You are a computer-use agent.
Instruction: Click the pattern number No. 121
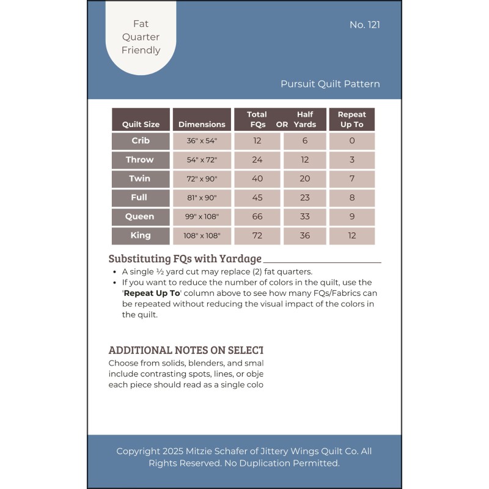365,25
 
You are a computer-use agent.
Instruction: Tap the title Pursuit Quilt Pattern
330,84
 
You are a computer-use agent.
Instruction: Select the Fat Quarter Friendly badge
141,37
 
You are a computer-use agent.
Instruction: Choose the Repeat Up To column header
351,119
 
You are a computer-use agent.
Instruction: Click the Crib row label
140,141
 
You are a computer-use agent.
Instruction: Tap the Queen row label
140,217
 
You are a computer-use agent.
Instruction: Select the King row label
140,236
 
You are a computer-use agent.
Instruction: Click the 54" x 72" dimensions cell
202,160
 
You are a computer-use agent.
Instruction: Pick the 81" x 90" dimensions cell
202,198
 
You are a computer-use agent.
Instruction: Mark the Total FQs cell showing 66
257,217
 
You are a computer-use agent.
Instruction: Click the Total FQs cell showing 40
257,179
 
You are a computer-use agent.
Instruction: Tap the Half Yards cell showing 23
305,198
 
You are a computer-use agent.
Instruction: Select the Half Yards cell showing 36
305,236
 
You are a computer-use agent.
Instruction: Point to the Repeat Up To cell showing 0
351,141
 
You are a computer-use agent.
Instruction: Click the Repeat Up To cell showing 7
351,179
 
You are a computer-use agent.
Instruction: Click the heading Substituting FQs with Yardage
185,259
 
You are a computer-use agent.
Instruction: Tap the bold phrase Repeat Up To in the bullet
152,293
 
